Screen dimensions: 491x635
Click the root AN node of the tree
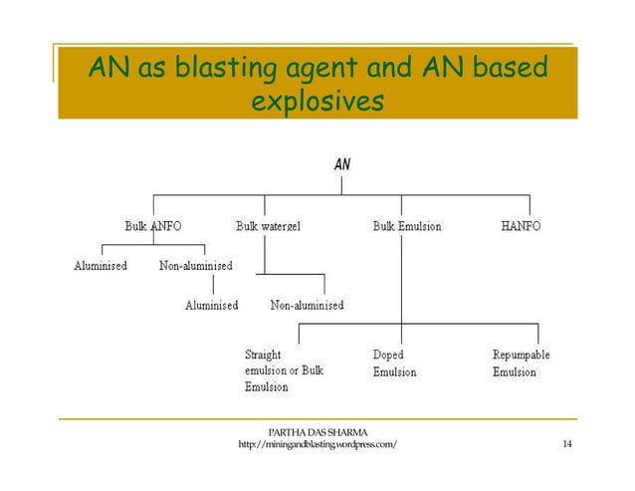(341, 165)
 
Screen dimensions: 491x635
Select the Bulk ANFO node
(152, 226)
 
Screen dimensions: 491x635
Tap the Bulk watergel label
(268, 226)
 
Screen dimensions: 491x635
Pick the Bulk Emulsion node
(406, 226)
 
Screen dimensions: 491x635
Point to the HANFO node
(521, 226)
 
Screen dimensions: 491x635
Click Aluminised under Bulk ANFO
(101, 266)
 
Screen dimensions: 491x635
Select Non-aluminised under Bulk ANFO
(196, 266)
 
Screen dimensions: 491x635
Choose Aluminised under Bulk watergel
(211, 305)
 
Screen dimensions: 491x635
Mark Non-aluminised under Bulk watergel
(307, 305)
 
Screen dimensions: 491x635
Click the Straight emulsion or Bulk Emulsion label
(284, 370)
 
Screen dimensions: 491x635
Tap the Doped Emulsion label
(394, 364)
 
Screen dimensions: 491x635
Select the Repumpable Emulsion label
(521, 364)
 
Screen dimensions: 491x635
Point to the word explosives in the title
(317, 102)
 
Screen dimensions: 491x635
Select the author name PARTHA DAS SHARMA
(318, 431)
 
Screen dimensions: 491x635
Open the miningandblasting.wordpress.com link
(318, 444)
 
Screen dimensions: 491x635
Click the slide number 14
(566, 444)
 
